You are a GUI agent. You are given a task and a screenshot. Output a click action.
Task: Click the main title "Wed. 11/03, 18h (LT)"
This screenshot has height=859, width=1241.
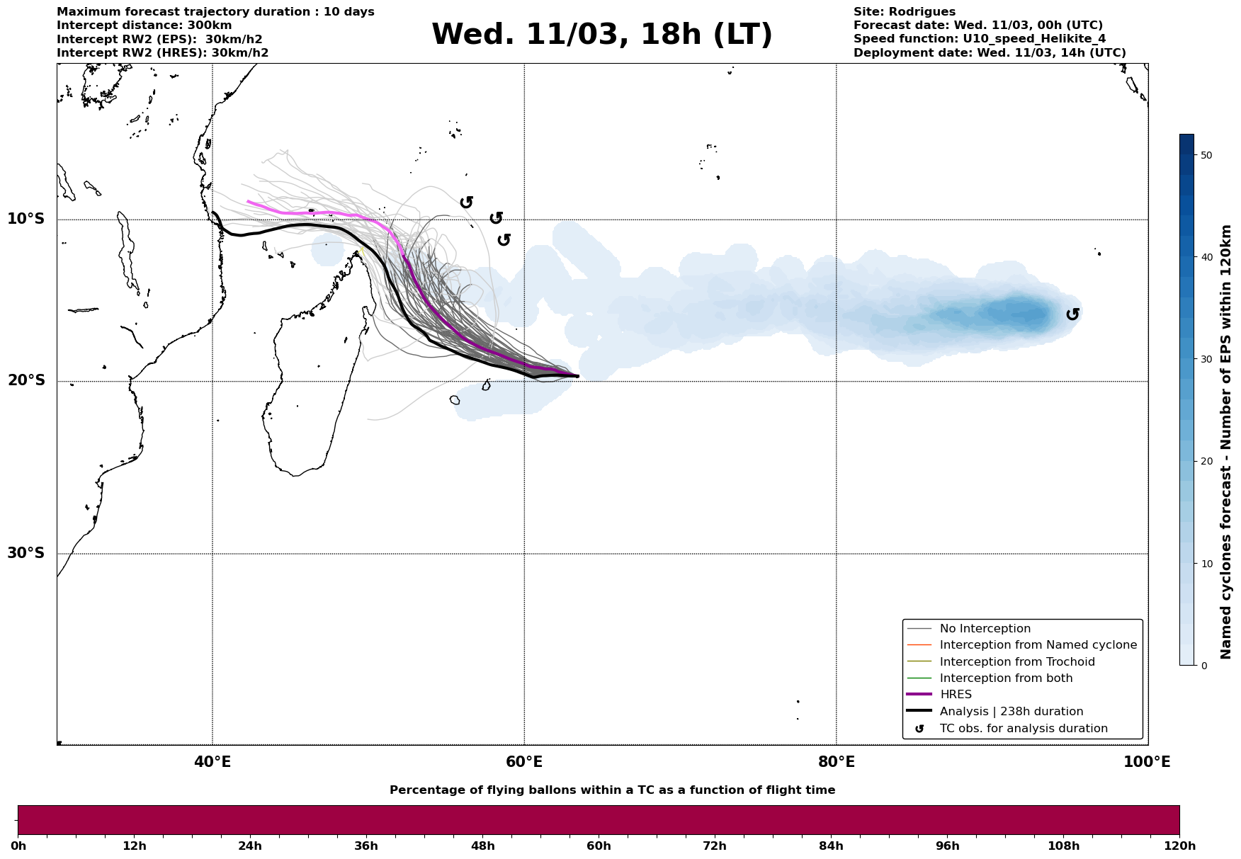601,35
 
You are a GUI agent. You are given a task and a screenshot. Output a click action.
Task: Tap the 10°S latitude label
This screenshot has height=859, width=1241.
26,219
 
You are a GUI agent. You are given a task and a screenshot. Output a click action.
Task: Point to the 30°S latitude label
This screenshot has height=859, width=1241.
26,553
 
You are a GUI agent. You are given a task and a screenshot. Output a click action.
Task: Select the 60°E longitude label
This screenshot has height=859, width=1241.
524,762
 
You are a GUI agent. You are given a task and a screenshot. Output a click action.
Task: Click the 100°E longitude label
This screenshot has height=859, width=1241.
1147,762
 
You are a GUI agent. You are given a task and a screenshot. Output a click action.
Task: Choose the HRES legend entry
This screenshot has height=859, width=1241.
956,695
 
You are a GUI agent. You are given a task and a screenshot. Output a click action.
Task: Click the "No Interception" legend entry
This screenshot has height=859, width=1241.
985,629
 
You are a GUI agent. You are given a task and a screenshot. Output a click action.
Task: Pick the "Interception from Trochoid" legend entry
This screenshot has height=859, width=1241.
1016,662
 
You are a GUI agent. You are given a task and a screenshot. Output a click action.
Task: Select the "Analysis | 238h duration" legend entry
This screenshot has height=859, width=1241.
1011,712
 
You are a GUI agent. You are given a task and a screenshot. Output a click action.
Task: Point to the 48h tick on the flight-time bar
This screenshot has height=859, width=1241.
483,846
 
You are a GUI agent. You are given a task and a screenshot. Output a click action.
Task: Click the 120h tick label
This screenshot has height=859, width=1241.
1179,846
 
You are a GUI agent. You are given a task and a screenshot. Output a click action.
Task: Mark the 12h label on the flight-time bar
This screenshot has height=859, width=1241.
134,846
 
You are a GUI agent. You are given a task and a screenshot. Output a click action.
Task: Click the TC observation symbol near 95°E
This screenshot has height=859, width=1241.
1072,314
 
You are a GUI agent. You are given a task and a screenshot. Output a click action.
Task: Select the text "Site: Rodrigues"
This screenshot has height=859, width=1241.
904,12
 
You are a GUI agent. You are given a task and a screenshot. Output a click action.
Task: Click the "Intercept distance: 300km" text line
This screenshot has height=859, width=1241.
144,25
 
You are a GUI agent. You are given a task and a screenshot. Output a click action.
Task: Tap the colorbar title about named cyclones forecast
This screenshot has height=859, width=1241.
1227,442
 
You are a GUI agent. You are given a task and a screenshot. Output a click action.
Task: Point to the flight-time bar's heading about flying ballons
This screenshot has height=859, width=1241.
612,790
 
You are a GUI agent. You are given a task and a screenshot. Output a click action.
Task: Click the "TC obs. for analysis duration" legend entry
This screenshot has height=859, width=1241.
1023,729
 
